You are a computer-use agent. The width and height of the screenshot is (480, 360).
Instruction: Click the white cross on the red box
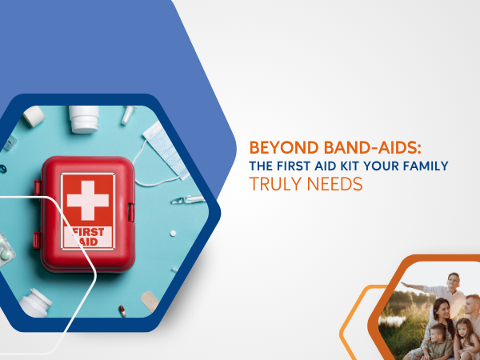pyautogui.click(x=88, y=201)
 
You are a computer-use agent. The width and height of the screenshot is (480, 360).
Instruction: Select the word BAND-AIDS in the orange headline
pyautogui.click(x=372, y=148)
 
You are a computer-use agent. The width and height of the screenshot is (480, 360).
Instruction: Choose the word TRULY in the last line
pyautogui.click(x=275, y=184)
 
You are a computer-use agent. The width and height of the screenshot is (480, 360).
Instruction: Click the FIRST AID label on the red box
pyautogui.click(x=88, y=237)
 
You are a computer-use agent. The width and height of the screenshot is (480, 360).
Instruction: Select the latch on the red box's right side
pyautogui.click(x=131, y=213)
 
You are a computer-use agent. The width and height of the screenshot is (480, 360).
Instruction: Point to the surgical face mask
pyautogui.click(x=166, y=150)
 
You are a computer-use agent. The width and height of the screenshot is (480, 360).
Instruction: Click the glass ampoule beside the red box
pyautogui.click(x=188, y=199)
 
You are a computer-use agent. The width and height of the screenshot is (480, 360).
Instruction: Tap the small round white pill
pyautogui.click(x=173, y=234)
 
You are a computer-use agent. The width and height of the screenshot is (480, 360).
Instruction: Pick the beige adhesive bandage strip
pyautogui.click(x=150, y=302)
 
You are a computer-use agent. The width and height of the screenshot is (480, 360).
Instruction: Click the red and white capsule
pyautogui.click(x=122, y=311)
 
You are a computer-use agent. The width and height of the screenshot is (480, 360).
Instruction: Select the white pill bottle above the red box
pyautogui.click(x=84, y=119)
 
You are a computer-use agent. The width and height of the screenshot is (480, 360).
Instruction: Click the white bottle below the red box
pyautogui.click(x=35, y=303)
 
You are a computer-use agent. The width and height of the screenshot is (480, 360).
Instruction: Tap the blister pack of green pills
pyautogui.click(x=6, y=250)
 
